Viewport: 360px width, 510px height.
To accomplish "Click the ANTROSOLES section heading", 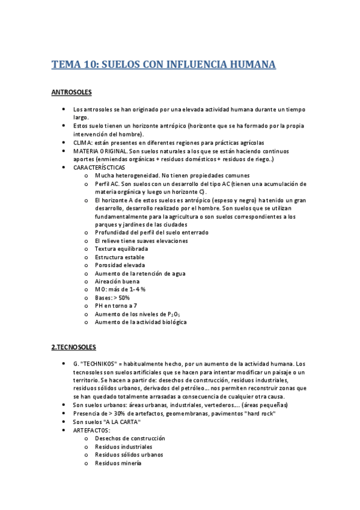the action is [71, 93].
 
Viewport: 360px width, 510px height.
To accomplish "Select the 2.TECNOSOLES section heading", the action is [73, 348].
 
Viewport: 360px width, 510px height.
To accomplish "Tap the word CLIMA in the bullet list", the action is [83, 143].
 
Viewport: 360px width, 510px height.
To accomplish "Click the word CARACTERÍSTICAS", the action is [99, 167].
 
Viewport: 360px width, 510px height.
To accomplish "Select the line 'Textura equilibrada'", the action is [121, 248].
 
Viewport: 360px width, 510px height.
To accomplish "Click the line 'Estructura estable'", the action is [120, 257].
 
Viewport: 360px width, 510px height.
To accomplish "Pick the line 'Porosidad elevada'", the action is [120, 265].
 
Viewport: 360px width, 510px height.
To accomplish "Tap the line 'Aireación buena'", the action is [117, 281].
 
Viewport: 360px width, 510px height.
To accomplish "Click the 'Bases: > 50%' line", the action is [112, 297].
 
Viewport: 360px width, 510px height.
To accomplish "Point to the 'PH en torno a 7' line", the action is [116, 306].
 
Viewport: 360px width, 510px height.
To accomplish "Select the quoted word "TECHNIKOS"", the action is [99, 364].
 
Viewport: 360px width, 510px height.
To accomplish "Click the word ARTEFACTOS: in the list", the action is [91, 431].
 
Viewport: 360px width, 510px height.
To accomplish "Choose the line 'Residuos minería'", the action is [118, 463].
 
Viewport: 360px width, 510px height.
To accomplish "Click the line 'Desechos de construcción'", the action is [129, 438].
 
